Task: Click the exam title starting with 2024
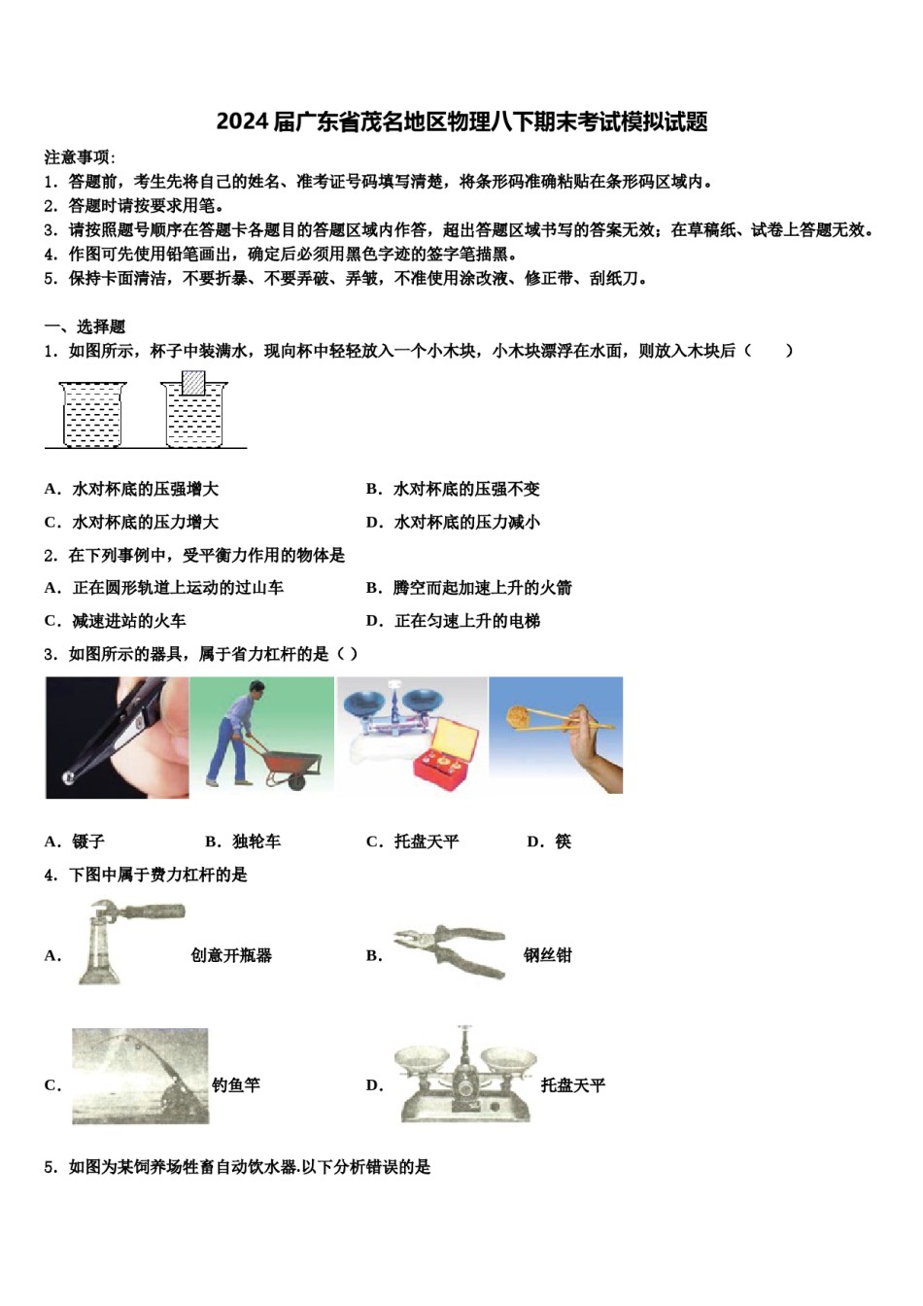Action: coord(461,121)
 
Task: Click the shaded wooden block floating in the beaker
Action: coord(194,383)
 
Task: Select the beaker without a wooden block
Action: coord(92,415)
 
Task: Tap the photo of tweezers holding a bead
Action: coord(117,738)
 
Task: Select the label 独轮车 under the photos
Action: coord(256,842)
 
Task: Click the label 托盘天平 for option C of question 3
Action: coord(427,842)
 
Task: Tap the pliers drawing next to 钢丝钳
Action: coord(449,950)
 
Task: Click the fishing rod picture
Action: coord(140,1076)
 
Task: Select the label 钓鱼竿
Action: coord(236,1085)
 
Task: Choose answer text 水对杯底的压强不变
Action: coord(466,489)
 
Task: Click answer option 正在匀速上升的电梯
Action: coord(466,621)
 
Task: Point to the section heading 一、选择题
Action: coord(85,326)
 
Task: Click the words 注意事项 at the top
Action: coord(78,156)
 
